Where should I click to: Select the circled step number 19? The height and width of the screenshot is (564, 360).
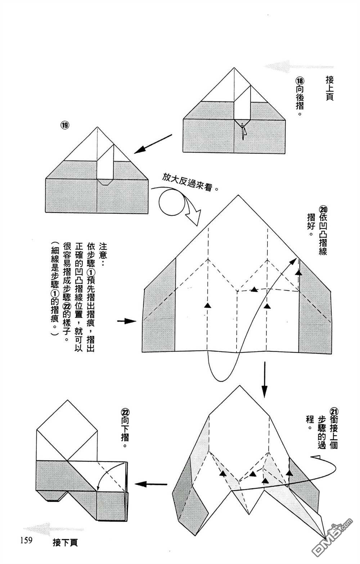[65, 125]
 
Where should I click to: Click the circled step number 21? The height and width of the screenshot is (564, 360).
[334, 411]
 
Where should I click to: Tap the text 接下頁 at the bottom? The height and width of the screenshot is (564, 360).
[65, 542]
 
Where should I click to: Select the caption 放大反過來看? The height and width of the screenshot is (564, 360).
[190, 183]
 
